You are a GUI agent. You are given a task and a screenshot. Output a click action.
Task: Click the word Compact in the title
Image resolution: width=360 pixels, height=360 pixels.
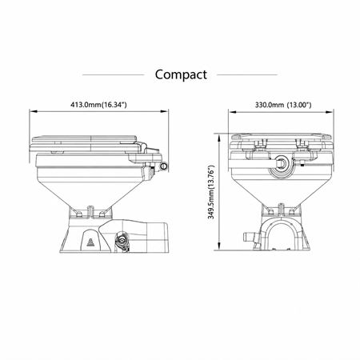(x=181, y=75)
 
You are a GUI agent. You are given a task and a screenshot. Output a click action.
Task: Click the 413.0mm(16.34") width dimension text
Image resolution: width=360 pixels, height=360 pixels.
(x=98, y=105)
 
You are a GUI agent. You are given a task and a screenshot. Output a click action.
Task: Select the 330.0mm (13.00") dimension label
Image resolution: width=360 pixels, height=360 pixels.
(x=283, y=105)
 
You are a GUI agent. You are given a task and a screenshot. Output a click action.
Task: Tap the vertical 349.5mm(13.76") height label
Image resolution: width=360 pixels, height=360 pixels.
(x=211, y=192)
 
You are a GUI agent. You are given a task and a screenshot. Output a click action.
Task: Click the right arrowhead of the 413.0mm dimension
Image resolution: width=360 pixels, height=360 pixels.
(x=165, y=111)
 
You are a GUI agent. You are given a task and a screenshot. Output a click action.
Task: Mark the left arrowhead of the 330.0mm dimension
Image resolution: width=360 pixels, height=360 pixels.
(x=232, y=112)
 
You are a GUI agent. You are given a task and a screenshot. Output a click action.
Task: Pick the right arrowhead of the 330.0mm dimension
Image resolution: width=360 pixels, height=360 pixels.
(x=330, y=112)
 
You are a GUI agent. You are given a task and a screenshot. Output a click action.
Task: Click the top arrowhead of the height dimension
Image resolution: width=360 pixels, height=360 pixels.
(x=219, y=138)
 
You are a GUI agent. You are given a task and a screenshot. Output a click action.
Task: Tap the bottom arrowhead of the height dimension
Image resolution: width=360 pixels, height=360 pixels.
(x=219, y=246)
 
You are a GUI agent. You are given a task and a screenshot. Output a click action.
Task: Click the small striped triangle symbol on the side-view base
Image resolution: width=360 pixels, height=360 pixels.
(x=91, y=242)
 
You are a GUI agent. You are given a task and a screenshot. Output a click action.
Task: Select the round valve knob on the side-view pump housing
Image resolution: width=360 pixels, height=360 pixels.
(x=122, y=239)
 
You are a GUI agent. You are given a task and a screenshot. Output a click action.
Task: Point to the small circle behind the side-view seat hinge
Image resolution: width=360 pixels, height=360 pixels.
(x=163, y=166)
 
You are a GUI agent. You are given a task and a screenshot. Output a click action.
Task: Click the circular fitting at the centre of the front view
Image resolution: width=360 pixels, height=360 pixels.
(x=281, y=162)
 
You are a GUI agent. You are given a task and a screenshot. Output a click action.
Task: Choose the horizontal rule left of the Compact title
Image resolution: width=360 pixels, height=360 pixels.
(x=114, y=75)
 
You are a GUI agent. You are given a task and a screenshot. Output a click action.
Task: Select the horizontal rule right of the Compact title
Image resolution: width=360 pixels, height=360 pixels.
(x=247, y=75)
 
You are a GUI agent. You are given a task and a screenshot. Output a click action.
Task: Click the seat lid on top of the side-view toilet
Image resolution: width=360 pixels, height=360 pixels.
(x=85, y=139)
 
